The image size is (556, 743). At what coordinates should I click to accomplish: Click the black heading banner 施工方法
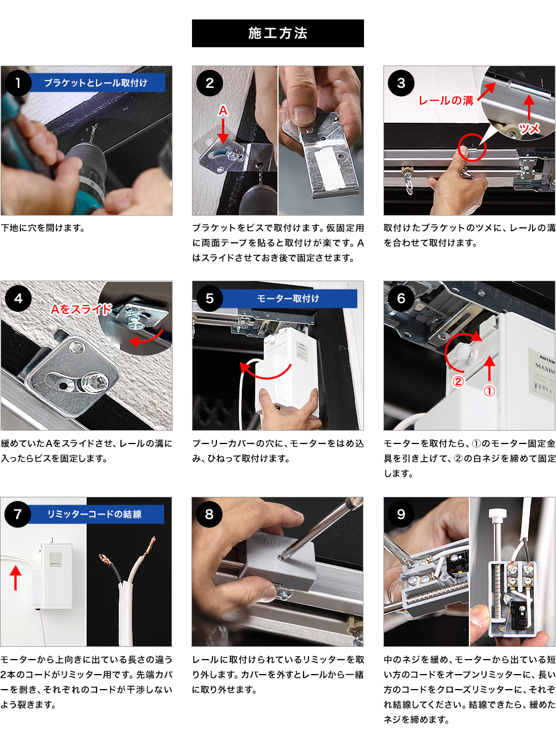[278, 33]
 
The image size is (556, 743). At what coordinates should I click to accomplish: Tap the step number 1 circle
[18, 83]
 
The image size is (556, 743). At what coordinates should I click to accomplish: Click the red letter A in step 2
[223, 111]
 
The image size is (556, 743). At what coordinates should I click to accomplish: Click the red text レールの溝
[446, 101]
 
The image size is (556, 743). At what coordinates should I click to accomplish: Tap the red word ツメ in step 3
[529, 128]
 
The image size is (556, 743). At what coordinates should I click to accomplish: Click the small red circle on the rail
[472, 147]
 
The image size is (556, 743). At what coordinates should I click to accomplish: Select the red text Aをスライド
[81, 309]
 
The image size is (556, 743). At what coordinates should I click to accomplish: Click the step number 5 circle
[210, 298]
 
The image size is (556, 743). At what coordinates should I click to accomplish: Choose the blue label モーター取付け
[288, 298]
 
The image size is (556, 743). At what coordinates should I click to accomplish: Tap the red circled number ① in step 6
[489, 391]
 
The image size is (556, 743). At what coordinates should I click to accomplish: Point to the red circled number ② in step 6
[458, 382]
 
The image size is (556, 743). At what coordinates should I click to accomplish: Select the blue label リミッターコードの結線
[95, 514]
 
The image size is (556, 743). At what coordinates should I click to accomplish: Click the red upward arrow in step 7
[16, 578]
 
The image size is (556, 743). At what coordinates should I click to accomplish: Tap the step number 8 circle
[209, 514]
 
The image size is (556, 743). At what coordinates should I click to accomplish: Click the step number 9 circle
[401, 514]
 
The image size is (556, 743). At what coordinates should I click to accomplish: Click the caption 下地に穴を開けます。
[43, 228]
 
